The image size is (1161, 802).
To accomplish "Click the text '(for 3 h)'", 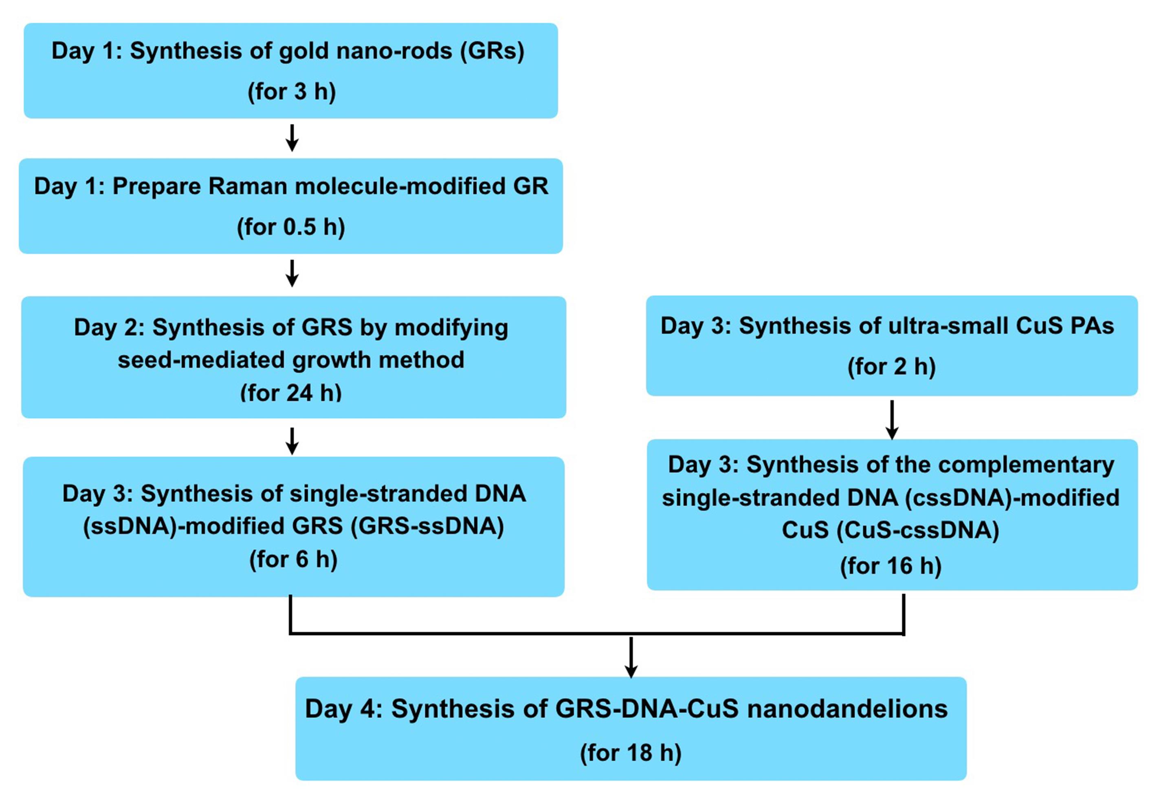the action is tap(292, 92).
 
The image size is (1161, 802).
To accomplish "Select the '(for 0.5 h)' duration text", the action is tap(291, 227).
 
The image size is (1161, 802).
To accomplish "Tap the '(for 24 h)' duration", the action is tap(291, 393).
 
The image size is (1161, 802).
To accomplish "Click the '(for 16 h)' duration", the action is tap(891, 566).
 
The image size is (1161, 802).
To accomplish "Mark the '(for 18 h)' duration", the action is tap(631, 753).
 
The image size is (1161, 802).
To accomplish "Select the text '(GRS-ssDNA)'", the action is tap(427, 527).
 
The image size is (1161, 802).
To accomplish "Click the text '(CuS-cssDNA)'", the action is tap(918, 531).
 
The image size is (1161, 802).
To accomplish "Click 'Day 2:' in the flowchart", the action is tap(110, 327).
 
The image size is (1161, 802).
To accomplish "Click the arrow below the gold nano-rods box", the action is tap(292, 138).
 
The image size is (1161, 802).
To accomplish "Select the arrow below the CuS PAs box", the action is tap(892, 420).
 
